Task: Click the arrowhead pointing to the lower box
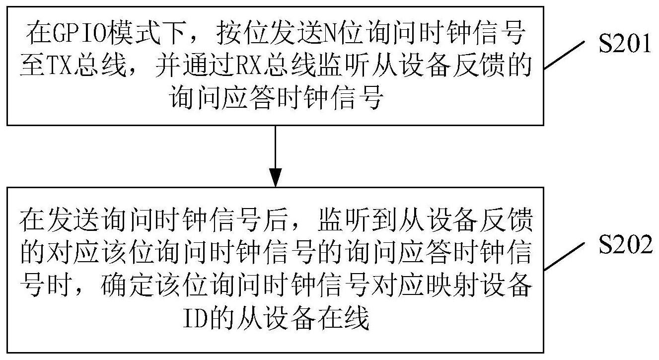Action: pyautogui.click(x=275, y=177)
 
